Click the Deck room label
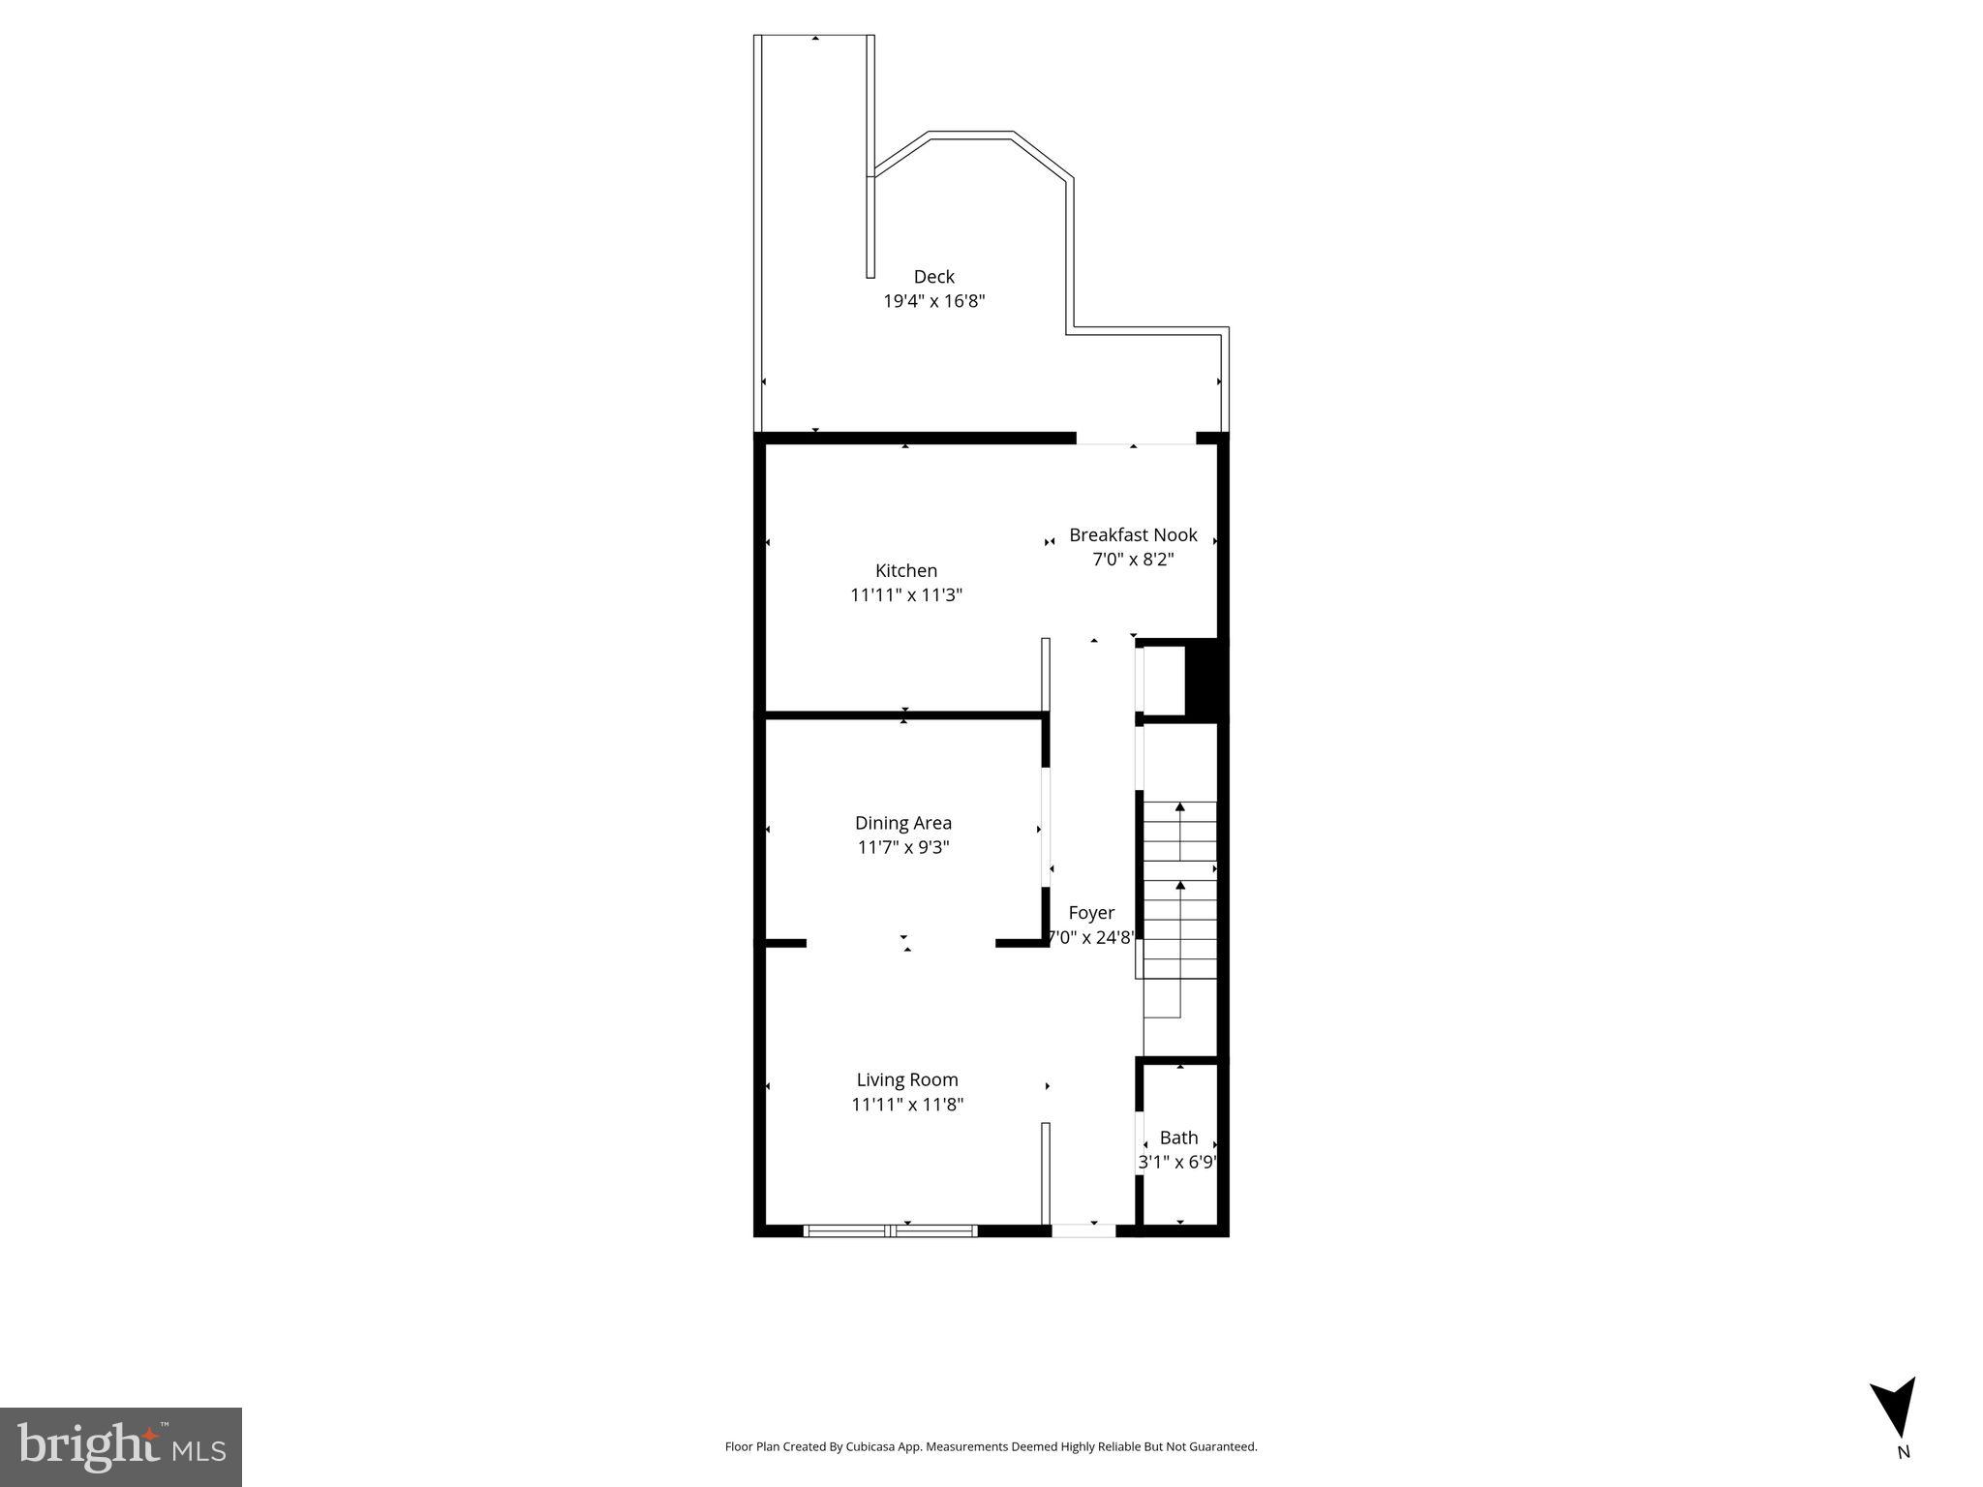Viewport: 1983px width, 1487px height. point(933,277)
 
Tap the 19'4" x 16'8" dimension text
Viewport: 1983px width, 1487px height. point(933,301)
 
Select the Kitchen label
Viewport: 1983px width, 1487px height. point(906,570)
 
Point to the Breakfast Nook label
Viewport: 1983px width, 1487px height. point(1133,534)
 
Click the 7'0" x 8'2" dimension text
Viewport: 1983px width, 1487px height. point(1133,560)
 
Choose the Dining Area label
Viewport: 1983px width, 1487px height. point(902,823)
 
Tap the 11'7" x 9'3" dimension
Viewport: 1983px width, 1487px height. point(902,847)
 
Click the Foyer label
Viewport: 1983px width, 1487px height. point(1091,913)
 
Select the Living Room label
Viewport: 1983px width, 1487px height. point(907,1079)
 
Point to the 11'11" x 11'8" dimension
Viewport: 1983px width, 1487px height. point(907,1105)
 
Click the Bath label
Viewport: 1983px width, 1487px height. point(1178,1138)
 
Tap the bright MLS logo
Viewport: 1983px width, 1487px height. point(121,1446)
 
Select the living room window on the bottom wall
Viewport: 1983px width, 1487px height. point(891,1230)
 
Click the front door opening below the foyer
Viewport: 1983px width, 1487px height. point(1083,1230)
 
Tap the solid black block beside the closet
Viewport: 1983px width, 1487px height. point(1206,678)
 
